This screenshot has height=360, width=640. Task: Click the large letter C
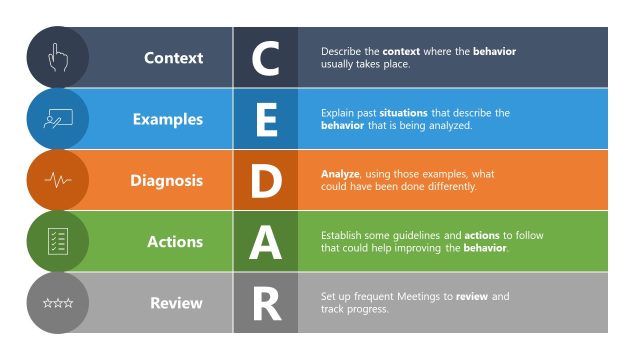coord(265,58)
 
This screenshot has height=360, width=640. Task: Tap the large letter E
coord(265,120)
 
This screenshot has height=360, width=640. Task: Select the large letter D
coord(265,181)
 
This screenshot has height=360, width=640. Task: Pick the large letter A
coord(265,242)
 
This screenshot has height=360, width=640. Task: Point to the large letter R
coord(265,304)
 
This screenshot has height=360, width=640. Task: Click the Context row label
coord(173,58)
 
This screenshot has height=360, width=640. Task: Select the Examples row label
coord(167,119)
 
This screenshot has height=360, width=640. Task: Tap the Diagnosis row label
coord(166,181)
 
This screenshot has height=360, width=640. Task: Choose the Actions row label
coord(174,242)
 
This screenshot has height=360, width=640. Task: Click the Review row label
coord(176,303)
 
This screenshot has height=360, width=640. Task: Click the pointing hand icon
coord(57,58)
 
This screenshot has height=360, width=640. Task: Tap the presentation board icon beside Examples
coord(57,119)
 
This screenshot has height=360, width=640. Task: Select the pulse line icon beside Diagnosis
coord(57,181)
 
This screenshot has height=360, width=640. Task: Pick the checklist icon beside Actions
coord(57,242)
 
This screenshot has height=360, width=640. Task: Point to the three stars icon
coord(57,303)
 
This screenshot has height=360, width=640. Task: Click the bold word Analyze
coord(339,174)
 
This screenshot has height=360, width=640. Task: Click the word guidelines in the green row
coord(421,236)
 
